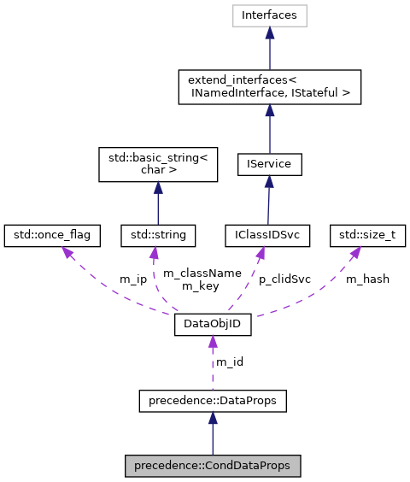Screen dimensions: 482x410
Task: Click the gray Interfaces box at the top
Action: pos(270,15)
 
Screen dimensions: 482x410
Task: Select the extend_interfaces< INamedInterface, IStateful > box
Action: pos(270,87)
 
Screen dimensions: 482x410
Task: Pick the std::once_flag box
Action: pos(53,232)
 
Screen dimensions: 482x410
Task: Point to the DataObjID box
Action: pos(213,325)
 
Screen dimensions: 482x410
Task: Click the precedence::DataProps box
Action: pos(213,398)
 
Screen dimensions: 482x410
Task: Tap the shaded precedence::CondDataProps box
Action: pos(213,467)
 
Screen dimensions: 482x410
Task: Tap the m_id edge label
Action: pos(229,361)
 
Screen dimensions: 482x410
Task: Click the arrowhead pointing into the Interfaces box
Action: pos(270,32)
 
